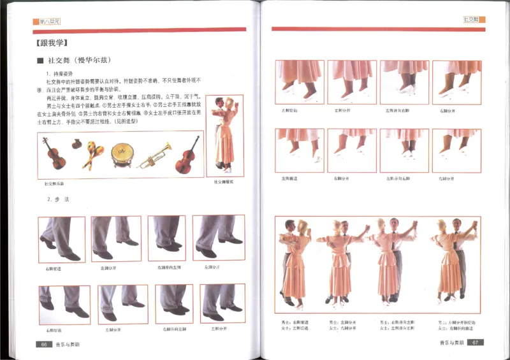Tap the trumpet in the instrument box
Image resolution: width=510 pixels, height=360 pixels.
click(x=154, y=155)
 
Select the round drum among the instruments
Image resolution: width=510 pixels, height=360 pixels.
click(x=122, y=155)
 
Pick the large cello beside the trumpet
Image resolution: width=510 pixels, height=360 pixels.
click(x=187, y=155)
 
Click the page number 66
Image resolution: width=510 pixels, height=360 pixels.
click(x=45, y=343)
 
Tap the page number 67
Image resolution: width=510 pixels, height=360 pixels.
click(x=475, y=342)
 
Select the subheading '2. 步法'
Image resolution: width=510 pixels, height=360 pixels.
click(x=57, y=199)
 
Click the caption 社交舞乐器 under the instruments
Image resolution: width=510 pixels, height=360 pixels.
click(x=54, y=184)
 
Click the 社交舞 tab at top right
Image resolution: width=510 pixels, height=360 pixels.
click(x=473, y=20)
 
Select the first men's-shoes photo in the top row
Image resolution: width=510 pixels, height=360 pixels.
click(x=62, y=240)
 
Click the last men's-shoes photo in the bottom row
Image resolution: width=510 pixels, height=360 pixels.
click(x=222, y=304)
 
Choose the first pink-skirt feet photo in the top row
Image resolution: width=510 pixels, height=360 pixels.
click(x=299, y=82)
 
